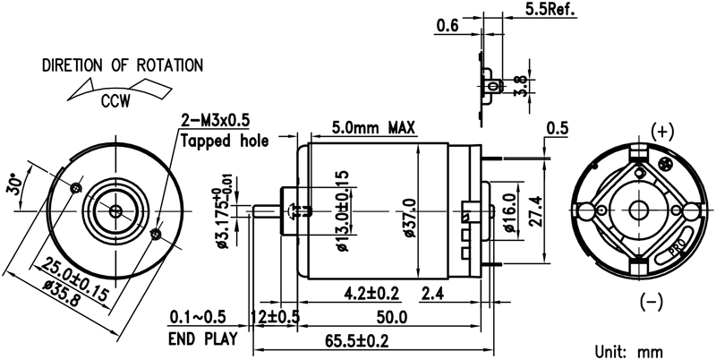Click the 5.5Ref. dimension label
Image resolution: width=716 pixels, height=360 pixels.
[550, 9]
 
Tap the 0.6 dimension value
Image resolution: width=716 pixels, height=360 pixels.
[447, 26]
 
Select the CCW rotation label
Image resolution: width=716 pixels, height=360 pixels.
[115, 100]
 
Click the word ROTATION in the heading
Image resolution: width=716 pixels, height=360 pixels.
[170, 65]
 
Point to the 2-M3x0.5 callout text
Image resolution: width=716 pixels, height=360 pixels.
[216, 121]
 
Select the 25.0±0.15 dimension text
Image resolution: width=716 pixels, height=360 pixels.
[76, 279]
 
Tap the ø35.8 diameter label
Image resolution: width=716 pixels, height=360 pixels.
[64, 293]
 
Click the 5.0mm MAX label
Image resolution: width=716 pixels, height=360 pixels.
[373, 127]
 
